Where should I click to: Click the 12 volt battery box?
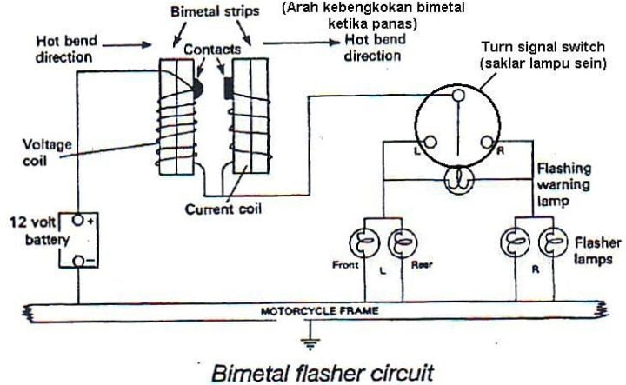point(78,241)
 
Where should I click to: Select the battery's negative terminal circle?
point(77,260)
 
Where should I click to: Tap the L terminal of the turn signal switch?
point(429,143)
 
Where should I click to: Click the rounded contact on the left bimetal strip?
point(197,88)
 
